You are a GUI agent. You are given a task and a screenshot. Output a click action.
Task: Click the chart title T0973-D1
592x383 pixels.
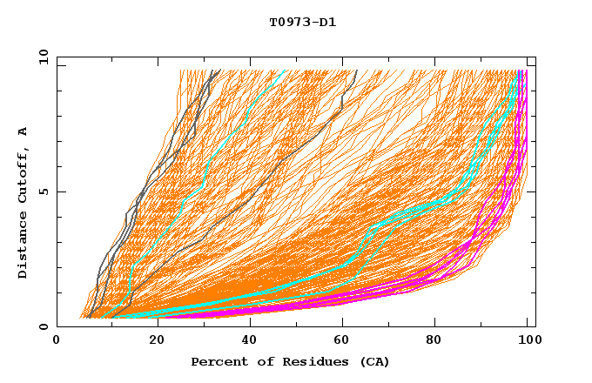(x=302, y=22)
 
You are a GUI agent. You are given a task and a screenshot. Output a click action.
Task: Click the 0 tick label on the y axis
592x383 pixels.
(x=44, y=326)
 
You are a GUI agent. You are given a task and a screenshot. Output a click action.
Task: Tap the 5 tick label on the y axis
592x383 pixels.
(x=44, y=191)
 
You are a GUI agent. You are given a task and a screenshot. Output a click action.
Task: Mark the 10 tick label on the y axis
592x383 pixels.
(x=42, y=57)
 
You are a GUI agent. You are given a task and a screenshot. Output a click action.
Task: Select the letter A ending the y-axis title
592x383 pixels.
(x=23, y=131)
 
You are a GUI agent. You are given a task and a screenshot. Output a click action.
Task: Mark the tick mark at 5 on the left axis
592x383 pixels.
(x=59, y=191)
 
